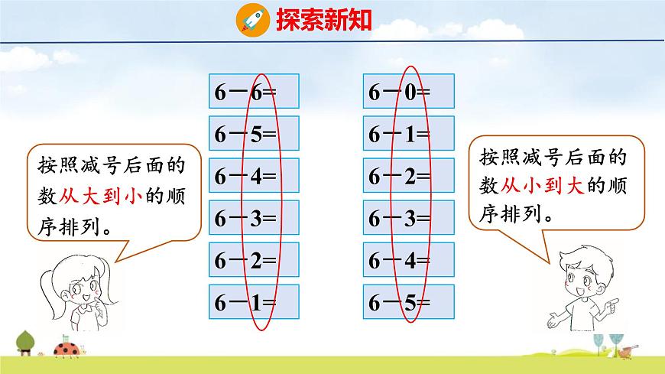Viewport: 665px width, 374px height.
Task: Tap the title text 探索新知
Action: coord(325,19)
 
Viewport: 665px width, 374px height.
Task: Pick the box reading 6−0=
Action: coord(409,92)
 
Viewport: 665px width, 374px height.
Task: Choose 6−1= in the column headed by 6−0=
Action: coord(409,135)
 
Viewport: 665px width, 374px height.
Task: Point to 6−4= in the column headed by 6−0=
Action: coord(409,261)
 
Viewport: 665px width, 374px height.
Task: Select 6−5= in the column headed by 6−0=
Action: coord(409,303)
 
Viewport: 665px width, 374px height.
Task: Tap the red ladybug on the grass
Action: coord(64,350)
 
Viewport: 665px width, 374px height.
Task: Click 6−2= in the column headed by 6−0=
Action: coord(409,177)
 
